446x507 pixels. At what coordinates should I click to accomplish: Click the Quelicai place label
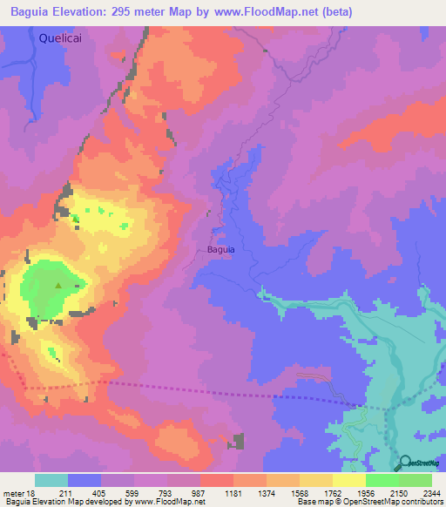pyautogui.click(x=64, y=37)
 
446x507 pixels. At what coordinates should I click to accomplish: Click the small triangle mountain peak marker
pyautogui.click(x=58, y=284)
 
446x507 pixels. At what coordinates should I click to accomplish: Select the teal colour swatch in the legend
pyautogui.click(x=51, y=480)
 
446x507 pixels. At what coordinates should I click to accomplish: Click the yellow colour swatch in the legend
pyautogui.click(x=348, y=480)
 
